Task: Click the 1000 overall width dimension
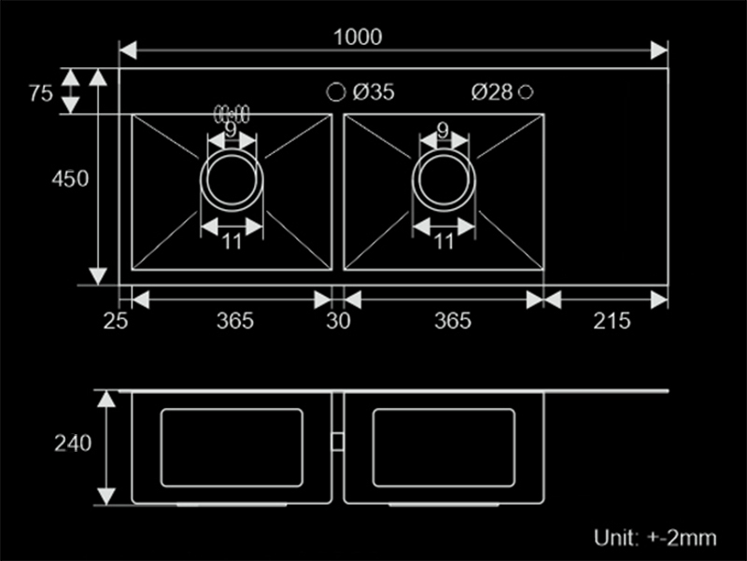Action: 358,37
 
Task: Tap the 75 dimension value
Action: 40,92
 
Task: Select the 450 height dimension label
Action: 70,179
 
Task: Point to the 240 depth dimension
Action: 73,443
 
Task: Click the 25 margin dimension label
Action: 115,321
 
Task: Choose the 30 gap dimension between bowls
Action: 338,321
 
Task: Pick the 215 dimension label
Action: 612,321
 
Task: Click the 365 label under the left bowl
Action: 235,321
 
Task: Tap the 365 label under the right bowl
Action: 453,321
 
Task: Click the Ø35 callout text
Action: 374,91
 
